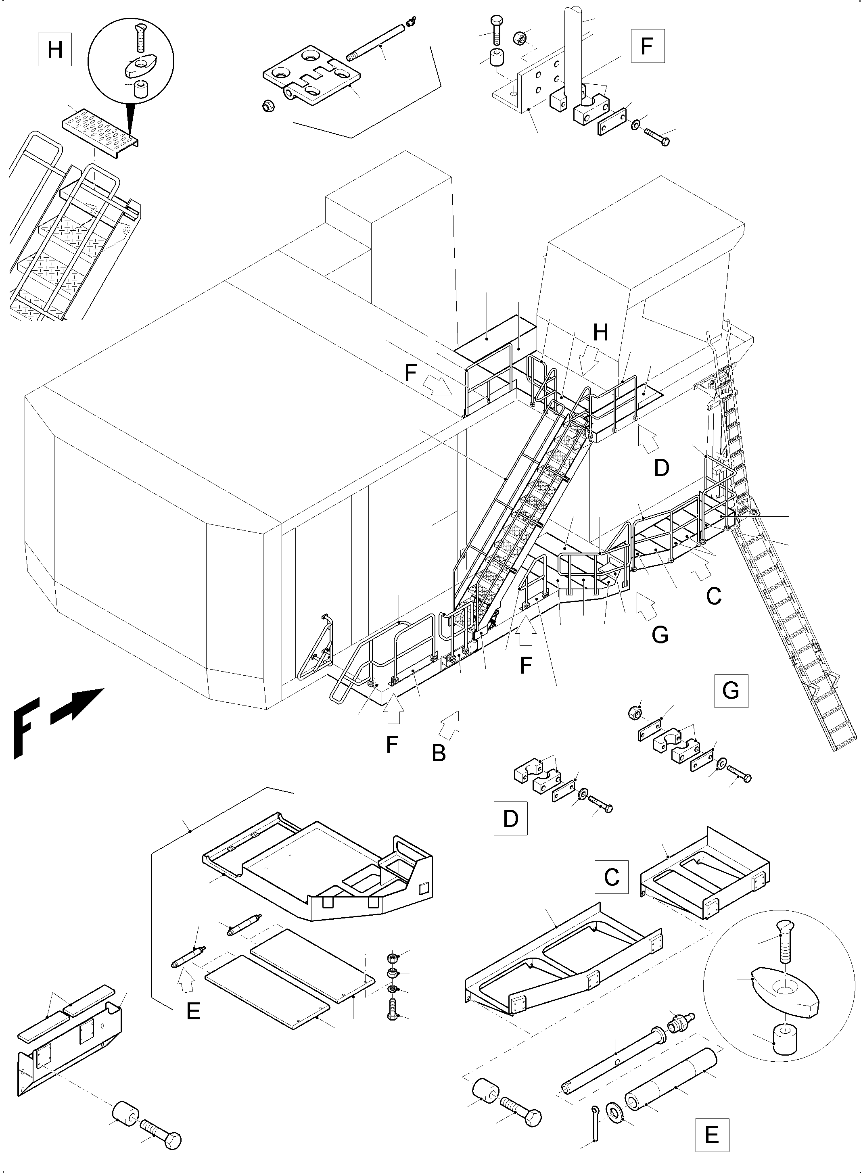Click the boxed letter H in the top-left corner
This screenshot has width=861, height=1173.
click(55, 50)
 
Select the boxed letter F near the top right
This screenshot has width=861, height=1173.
click(647, 46)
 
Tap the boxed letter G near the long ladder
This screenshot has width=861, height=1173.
click(731, 691)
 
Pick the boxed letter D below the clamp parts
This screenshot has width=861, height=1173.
click(511, 819)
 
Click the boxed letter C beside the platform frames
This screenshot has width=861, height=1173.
click(611, 877)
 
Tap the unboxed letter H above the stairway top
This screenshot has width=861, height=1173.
click(600, 332)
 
